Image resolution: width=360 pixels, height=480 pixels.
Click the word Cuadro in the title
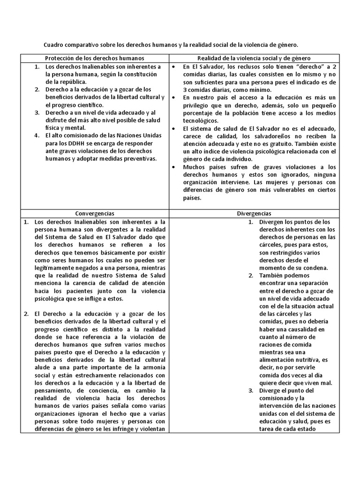pos(55,45)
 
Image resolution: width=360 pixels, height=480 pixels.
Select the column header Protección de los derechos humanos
pos(94,58)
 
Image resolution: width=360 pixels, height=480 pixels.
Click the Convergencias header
pos(94,213)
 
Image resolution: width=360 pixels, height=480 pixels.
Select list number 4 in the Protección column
pos(37,135)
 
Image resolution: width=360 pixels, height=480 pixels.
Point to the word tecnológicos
pos(197,120)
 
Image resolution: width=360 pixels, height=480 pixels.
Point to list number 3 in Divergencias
pos(251,390)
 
